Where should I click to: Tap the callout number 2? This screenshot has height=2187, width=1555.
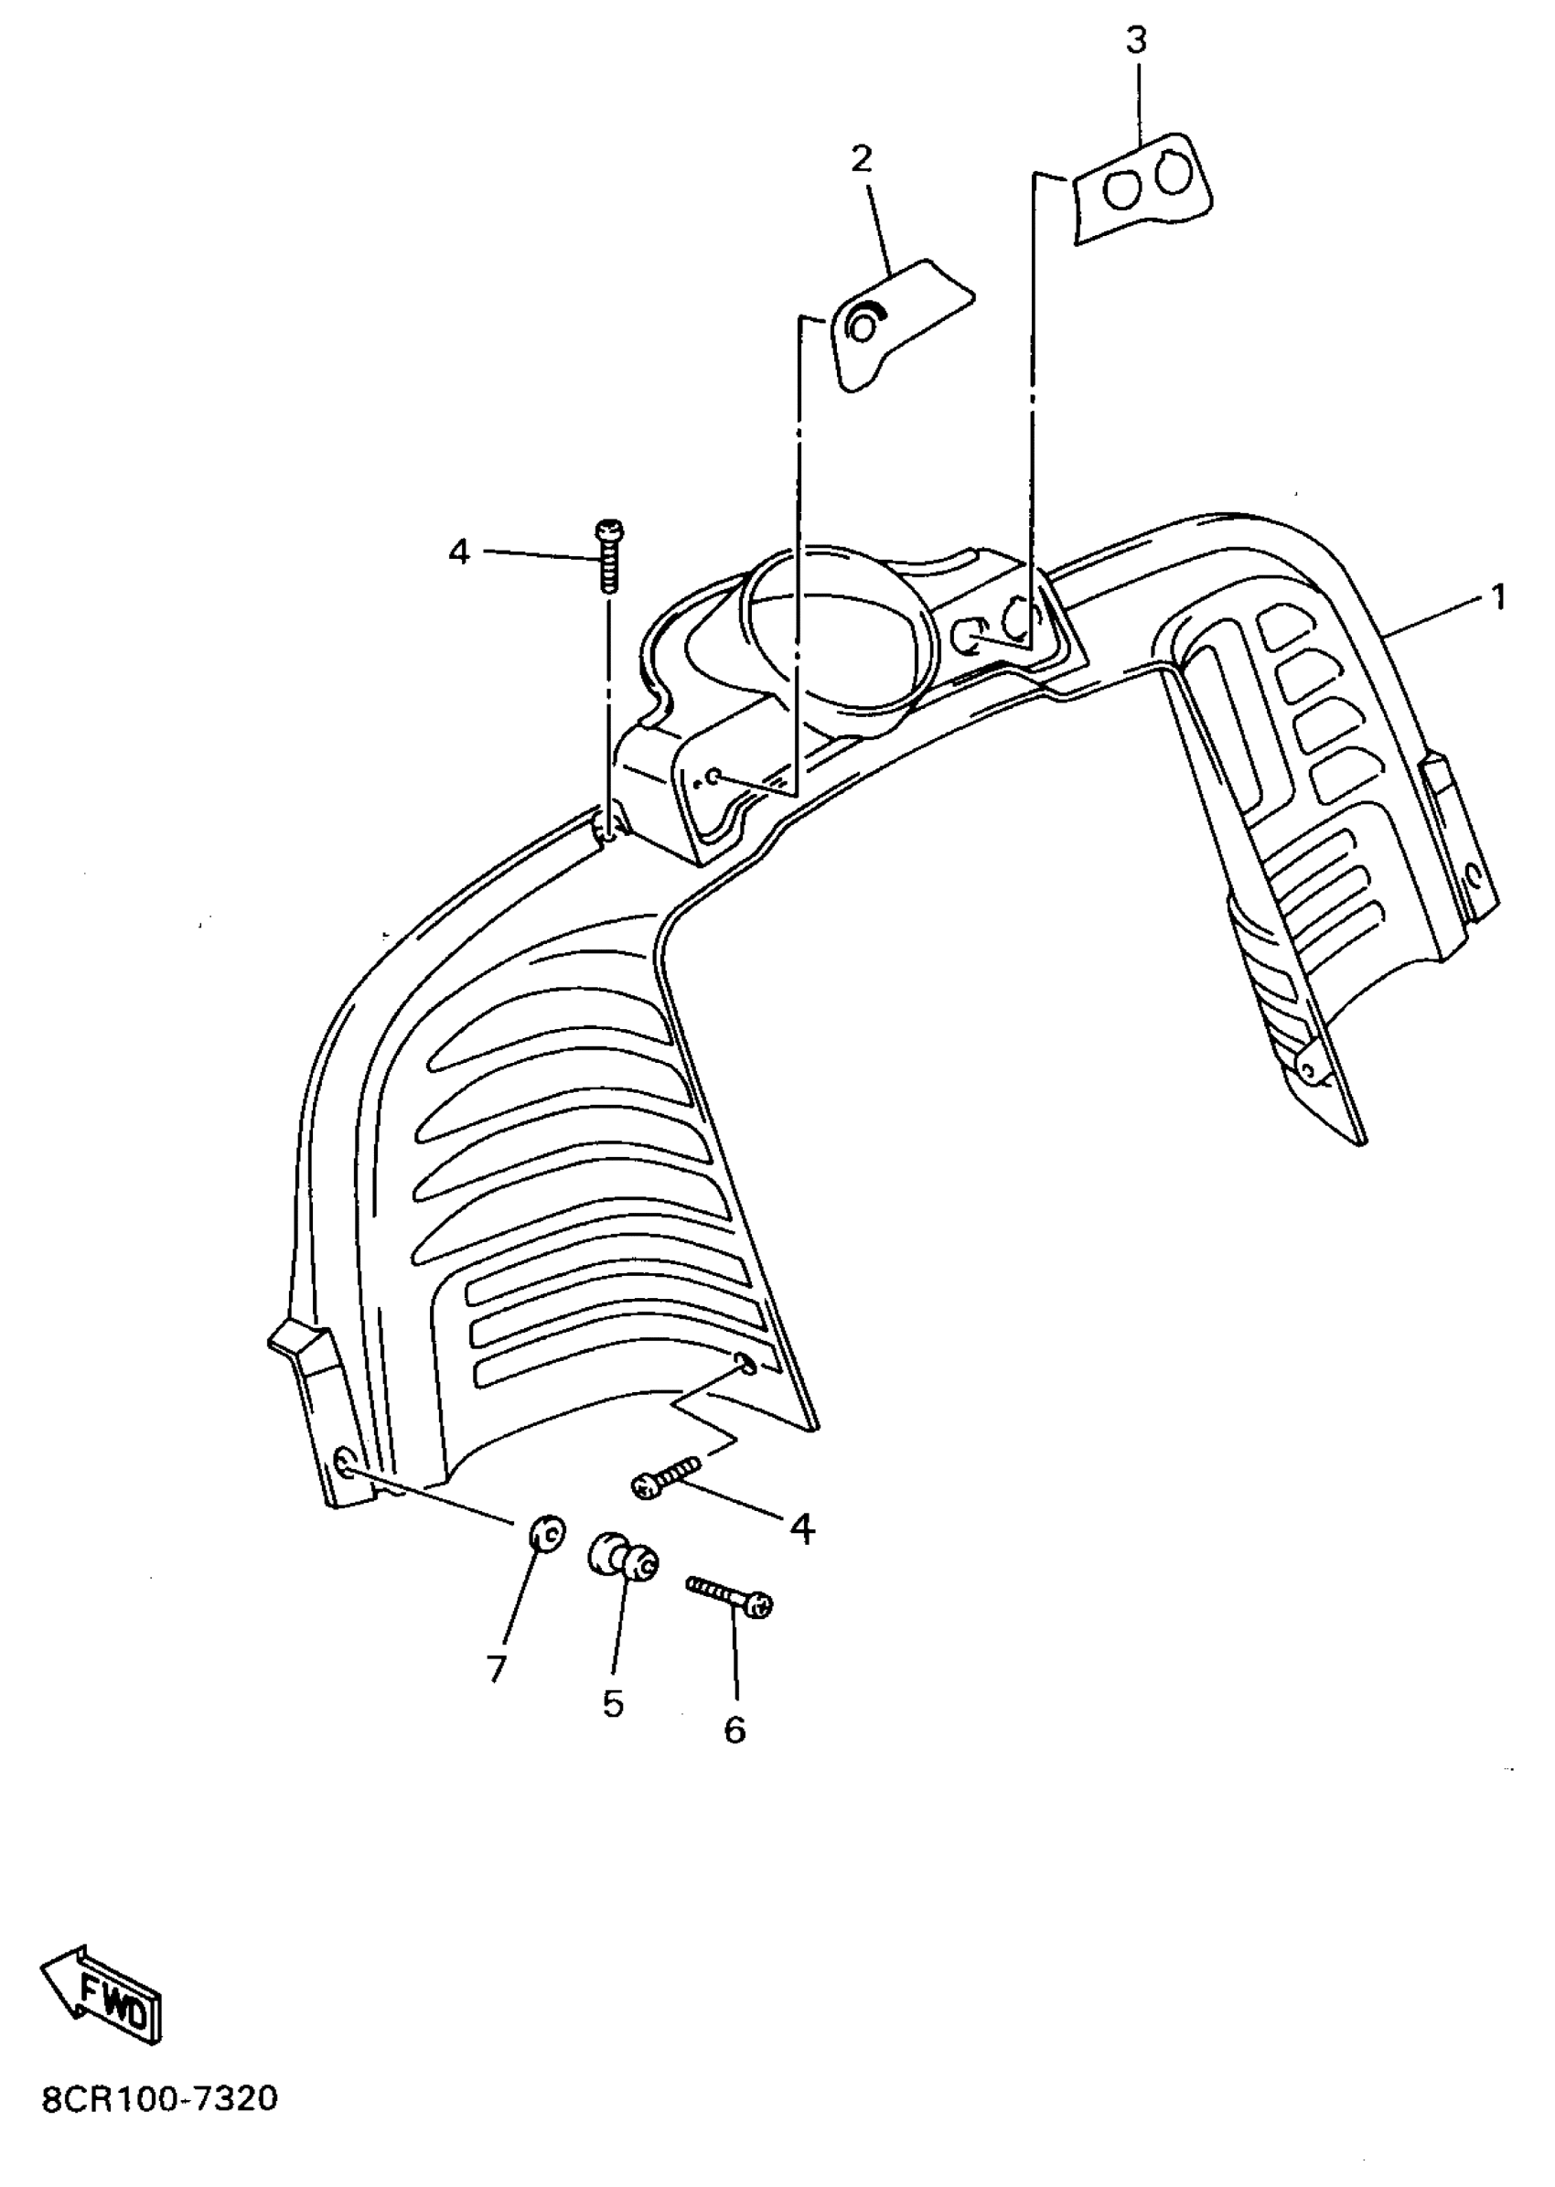click(x=862, y=159)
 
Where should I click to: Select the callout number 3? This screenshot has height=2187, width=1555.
click(x=1137, y=41)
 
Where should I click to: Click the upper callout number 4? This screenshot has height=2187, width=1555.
click(x=459, y=552)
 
